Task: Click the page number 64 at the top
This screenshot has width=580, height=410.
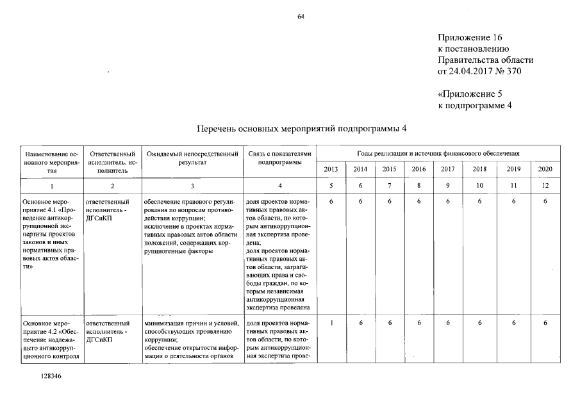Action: (300, 17)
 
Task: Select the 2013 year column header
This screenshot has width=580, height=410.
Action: (331, 169)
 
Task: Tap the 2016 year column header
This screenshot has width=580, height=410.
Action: (418, 169)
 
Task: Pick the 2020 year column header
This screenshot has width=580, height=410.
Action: (545, 169)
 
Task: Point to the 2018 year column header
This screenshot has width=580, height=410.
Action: (479, 169)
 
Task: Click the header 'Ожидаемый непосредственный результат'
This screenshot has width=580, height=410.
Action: (192, 158)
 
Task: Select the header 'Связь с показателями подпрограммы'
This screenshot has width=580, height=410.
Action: (279, 158)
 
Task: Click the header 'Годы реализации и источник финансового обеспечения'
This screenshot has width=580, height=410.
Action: (438, 154)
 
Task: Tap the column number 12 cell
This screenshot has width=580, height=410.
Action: (545, 186)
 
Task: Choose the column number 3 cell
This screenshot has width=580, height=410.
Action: (192, 186)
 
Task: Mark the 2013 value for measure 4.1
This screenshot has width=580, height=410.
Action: (331, 201)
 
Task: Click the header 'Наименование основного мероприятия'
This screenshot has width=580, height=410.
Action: (51, 162)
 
